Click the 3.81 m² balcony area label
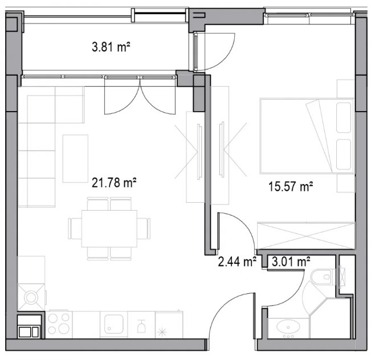point(111,47)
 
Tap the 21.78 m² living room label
point(114,183)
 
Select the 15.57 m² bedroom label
point(291,186)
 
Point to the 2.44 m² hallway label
point(237,262)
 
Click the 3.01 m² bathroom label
point(291,261)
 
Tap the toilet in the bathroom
point(324,277)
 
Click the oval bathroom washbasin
point(288,327)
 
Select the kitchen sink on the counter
point(114,324)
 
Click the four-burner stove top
point(59,324)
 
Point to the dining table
point(109,229)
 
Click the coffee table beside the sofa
point(75,159)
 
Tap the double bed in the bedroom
point(307,136)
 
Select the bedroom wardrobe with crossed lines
point(306,236)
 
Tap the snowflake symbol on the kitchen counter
point(162,332)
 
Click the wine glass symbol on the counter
point(141,326)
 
